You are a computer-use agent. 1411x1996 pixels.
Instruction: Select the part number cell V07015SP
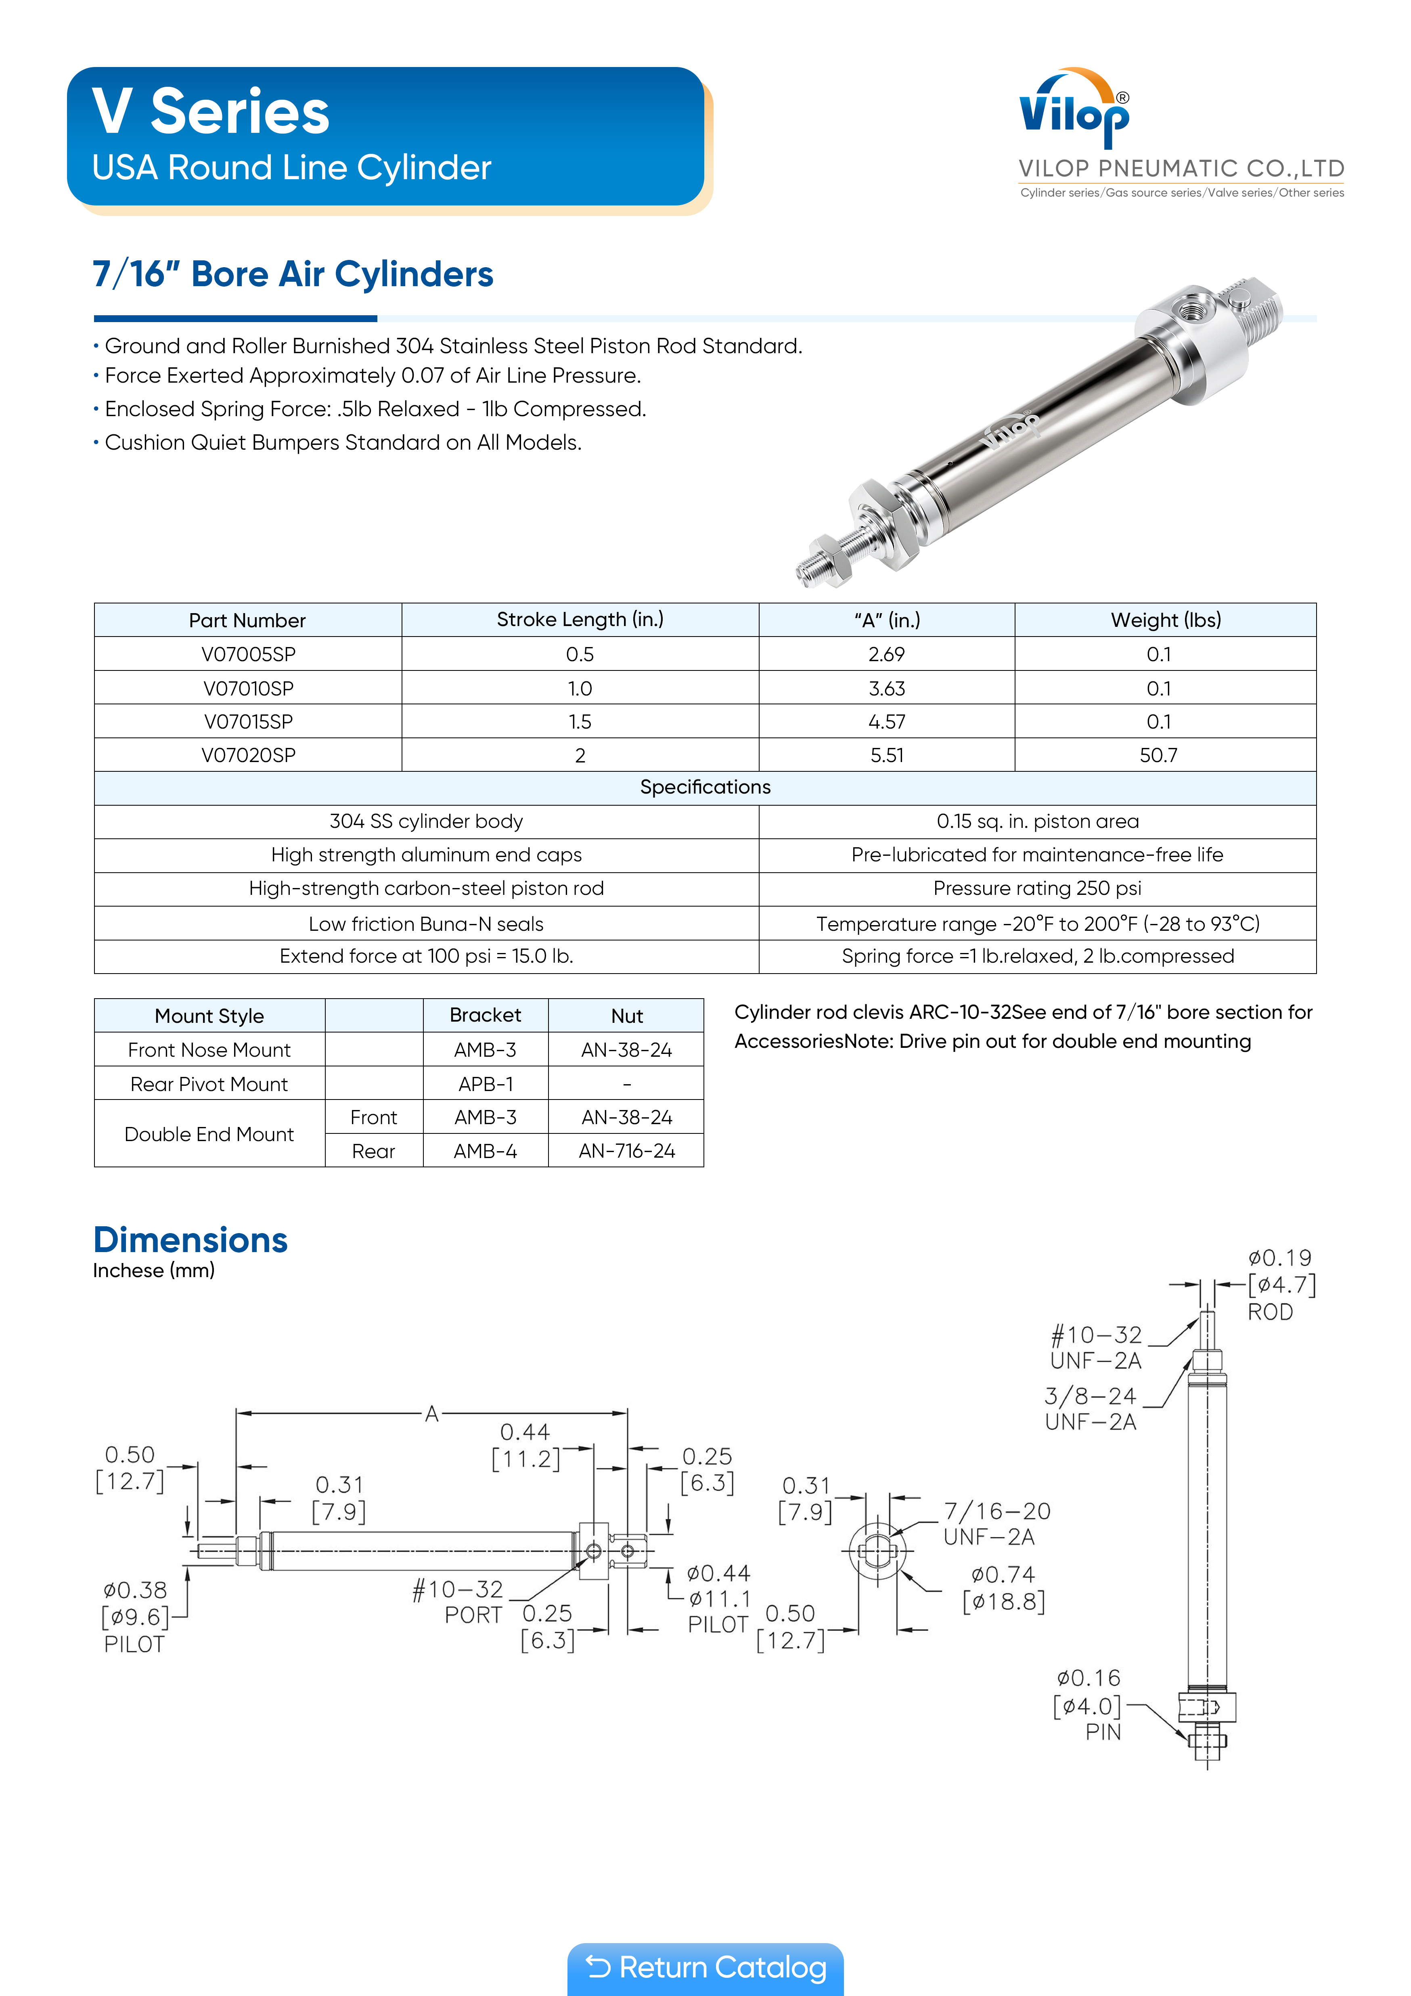(248, 722)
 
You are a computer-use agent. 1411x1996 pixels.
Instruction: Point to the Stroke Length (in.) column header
(580, 620)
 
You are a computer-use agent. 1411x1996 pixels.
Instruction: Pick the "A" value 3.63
(887, 689)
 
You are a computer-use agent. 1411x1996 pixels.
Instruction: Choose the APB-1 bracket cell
(485, 1084)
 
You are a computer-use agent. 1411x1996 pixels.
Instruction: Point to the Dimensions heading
(191, 1240)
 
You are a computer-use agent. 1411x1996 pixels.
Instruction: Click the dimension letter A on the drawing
(431, 1414)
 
